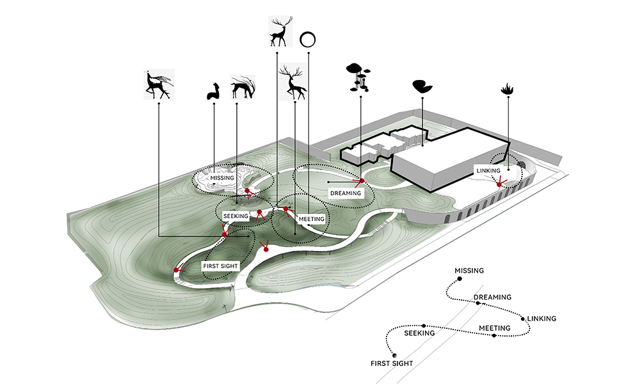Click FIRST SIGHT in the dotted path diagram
click(392, 364)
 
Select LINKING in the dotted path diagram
click(541, 319)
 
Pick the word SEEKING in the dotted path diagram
click(420, 333)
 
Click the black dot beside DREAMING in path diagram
click(477, 303)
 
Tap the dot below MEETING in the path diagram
click(493, 335)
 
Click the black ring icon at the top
click(308, 40)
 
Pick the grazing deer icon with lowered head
click(242, 87)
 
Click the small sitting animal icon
click(213, 92)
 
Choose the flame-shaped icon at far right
click(509, 90)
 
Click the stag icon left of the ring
click(280, 31)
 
